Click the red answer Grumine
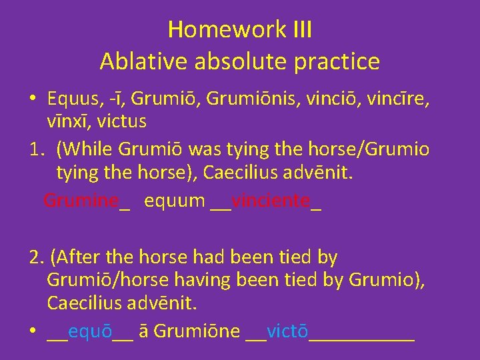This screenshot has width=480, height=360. tap(81, 200)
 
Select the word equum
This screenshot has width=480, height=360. tap(175, 200)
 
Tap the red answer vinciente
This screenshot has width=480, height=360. tap(270, 200)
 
